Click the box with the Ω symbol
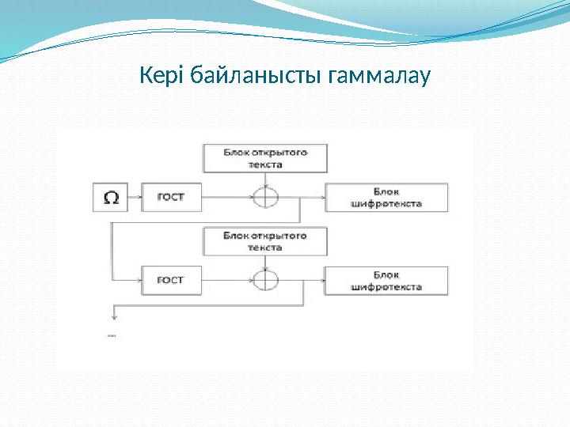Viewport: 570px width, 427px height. click(112, 198)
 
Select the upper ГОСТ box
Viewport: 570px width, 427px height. click(171, 198)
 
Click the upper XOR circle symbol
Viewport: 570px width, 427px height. click(266, 196)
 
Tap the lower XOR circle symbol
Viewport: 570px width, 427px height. click(266, 280)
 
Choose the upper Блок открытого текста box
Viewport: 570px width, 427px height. click(265, 157)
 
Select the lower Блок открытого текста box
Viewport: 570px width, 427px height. click(265, 241)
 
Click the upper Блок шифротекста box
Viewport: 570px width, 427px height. click(386, 198)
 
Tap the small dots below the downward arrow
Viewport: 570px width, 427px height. click(111, 336)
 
